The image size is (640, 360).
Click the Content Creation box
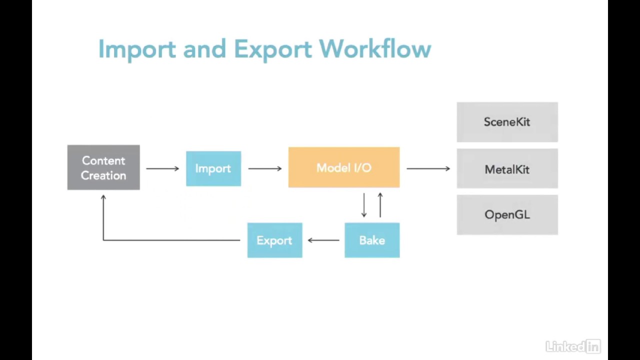tap(103, 167)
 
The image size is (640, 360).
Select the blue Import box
tap(213, 168)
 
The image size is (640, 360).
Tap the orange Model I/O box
tap(344, 167)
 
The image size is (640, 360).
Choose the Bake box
tap(372, 240)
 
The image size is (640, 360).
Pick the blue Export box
tap(274, 240)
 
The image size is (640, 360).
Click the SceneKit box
tap(507, 122)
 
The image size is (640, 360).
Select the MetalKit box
tap(507, 169)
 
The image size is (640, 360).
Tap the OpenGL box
tap(507, 215)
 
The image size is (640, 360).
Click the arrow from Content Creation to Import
tap(162, 168)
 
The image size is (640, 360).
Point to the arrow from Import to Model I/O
tap(265, 168)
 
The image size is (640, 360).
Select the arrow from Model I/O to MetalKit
tap(428, 168)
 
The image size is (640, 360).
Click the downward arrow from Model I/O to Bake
tap(363, 205)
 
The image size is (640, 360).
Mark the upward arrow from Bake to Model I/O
tap(380, 205)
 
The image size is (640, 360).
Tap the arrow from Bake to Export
tap(323, 240)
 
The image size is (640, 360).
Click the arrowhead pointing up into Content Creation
tap(103, 198)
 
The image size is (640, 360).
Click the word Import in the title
tap(136, 49)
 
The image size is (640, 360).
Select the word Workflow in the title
tap(375, 49)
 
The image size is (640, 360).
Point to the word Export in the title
tap(273, 49)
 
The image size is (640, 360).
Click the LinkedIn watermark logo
tap(573, 346)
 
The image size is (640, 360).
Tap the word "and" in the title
tap(204, 49)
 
